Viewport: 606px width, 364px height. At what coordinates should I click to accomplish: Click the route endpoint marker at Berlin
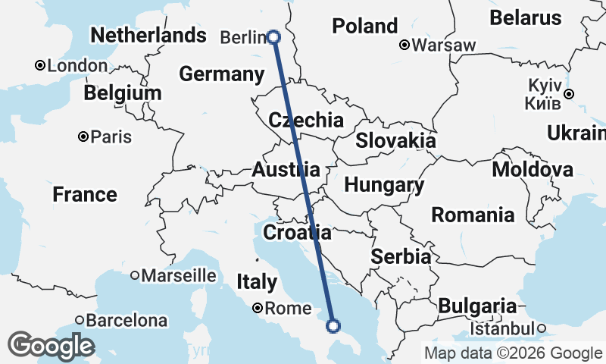(x=273, y=36)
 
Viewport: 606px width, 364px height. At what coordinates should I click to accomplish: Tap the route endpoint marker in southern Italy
(x=332, y=326)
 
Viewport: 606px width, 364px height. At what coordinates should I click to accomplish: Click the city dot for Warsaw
(x=405, y=45)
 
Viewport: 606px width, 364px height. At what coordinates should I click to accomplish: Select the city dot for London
(x=39, y=65)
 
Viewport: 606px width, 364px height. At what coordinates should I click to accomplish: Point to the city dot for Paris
(x=83, y=137)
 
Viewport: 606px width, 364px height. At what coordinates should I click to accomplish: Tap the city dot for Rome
(x=258, y=308)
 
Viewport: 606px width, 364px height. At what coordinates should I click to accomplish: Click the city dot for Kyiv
(x=569, y=94)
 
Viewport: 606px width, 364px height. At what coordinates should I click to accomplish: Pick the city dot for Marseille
(x=135, y=275)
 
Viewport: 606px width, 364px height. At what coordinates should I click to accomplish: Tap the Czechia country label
(x=306, y=120)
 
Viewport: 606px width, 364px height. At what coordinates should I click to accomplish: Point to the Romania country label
(x=473, y=215)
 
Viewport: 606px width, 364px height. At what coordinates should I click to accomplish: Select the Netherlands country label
(x=148, y=35)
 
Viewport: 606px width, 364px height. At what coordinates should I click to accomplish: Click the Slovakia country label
(x=395, y=140)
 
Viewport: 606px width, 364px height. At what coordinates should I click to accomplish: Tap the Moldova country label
(x=532, y=168)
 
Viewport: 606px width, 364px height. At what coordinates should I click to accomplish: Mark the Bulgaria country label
(x=477, y=306)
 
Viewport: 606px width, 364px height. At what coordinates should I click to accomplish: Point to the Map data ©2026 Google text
(x=513, y=353)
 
